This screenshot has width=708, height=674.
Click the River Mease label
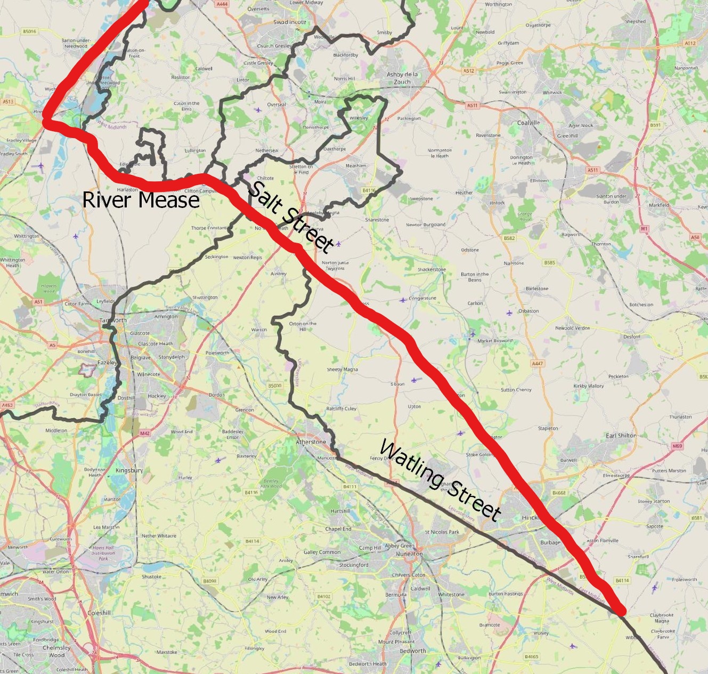tap(141, 199)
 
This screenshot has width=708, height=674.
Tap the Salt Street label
tap(291, 216)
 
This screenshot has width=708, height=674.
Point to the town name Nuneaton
tap(409, 554)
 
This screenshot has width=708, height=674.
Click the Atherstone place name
tap(311, 442)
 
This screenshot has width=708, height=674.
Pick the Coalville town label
tap(528, 123)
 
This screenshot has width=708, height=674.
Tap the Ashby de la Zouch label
tap(402, 78)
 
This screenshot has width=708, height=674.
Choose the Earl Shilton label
tap(621, 436)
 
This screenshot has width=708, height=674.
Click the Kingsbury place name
tap(129, 471)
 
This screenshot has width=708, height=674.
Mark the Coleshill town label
tap(99, 613)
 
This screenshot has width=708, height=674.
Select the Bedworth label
tap(413, 651)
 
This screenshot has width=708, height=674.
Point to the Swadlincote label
tap(290, 22)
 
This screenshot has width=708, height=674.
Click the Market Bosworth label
tap(495, 341)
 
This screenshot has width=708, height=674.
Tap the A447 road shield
tap(538, 364)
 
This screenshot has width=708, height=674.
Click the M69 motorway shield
tap(677, 446)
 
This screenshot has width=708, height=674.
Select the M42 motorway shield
tap(145, 434)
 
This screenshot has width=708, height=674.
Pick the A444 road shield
tap(222, 4)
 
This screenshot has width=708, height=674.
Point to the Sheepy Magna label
tap(343, 370)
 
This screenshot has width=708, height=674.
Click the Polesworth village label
tap(217, 353)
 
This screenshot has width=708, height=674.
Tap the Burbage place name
tap(550, 543)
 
